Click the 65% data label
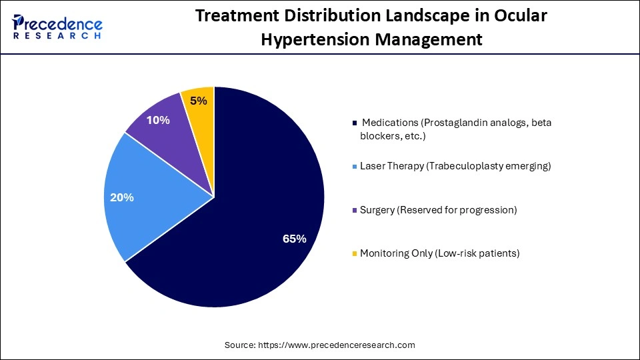tap(294, 239)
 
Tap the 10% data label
tap(158, 121)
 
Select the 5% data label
tap(199, 101)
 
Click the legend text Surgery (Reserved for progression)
tap(438, 210)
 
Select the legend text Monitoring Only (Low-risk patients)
tap(439, 253)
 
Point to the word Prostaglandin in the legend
tap(456, 123)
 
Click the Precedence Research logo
tap(57, 27)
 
